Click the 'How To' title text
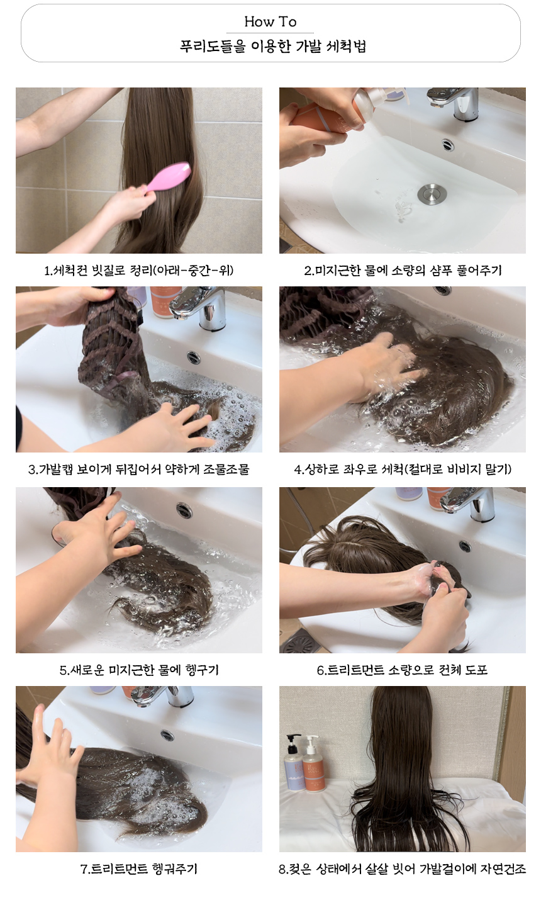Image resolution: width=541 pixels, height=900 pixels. click(270, 21)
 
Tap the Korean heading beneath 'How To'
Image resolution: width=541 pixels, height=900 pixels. click(272, 47)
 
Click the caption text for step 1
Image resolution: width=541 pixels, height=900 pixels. click(139, 271)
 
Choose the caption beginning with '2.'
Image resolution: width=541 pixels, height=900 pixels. click(403, 271)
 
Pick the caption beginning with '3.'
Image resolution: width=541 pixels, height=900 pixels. click(139, 469)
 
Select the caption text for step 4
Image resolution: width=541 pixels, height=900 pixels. click(403, 469)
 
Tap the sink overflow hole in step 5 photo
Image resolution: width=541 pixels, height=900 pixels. click(184, 510)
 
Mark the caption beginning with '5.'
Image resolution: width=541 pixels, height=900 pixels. click(139, 670)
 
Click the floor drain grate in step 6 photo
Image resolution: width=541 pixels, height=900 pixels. click(298, 641)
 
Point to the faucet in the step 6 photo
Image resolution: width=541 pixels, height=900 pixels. click(468, 503)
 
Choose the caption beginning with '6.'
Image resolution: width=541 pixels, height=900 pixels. click(403, 670)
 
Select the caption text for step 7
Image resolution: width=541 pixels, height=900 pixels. click(139, 869)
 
